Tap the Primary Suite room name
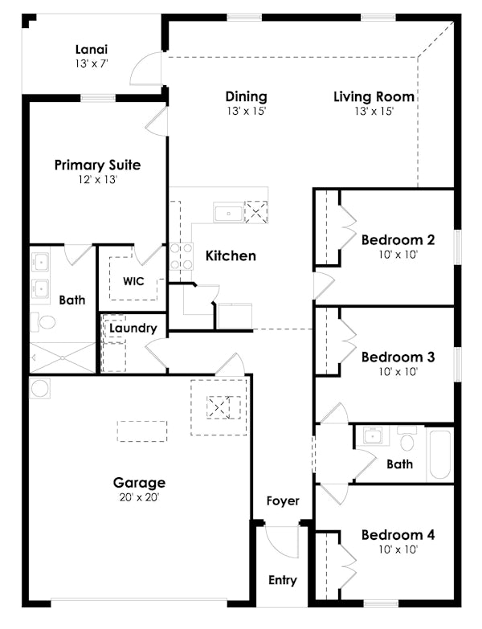97,165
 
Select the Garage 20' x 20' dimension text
139,497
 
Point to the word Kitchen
231,255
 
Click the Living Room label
374,97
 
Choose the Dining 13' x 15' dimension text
246,112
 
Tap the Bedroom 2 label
398,239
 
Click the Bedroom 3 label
398,357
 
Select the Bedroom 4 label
398,535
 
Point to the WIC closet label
133,282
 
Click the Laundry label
133,328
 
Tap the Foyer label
283,500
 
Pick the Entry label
282,580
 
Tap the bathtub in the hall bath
439,455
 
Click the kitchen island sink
228,214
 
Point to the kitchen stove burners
181,255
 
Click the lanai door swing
146,69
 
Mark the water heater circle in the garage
40,388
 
